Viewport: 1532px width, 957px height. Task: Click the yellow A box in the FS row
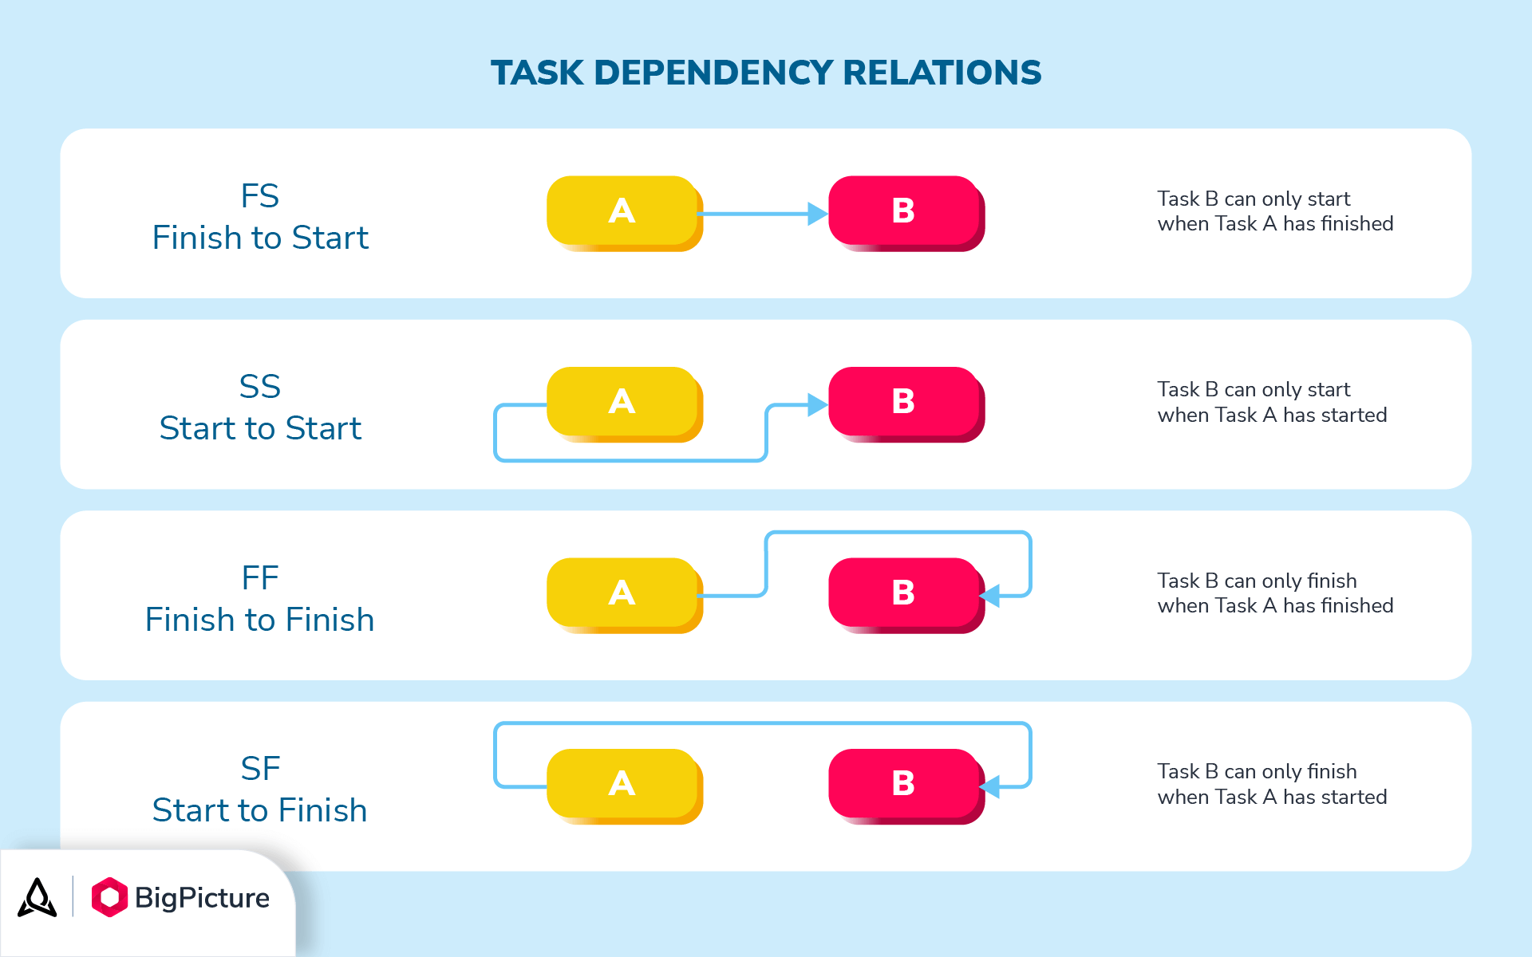pos(622,211)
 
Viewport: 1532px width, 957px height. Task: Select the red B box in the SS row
pos(904,402)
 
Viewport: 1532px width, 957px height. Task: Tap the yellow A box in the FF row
pos(622,593)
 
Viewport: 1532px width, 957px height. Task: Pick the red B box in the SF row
pos(904,784)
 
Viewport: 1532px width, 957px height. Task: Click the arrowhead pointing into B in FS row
pos(818,214)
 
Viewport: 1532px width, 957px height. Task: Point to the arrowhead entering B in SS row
pos(818,405)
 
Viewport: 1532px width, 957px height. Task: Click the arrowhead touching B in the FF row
pos(990,596)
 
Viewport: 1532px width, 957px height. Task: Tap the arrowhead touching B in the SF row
pos(990,787)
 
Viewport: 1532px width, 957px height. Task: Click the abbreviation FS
pos(260,196)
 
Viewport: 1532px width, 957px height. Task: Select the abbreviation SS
pos(260,388)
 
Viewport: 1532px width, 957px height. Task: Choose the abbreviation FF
pos(260,578)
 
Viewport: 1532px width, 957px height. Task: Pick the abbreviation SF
pos(260,769)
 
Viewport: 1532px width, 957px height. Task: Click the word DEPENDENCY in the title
pos(714,73)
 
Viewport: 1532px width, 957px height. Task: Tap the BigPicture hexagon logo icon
pos(109,897)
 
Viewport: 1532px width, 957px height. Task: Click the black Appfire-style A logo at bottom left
pos(38,898)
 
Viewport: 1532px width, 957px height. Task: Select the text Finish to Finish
pos(260,620)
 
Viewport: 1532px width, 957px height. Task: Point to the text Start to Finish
pos(260,810)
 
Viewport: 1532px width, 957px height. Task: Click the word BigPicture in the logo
pos(202,898)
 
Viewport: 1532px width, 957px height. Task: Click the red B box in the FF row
pos(904,593)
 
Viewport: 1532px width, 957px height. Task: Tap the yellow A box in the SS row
pos(622,402)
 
